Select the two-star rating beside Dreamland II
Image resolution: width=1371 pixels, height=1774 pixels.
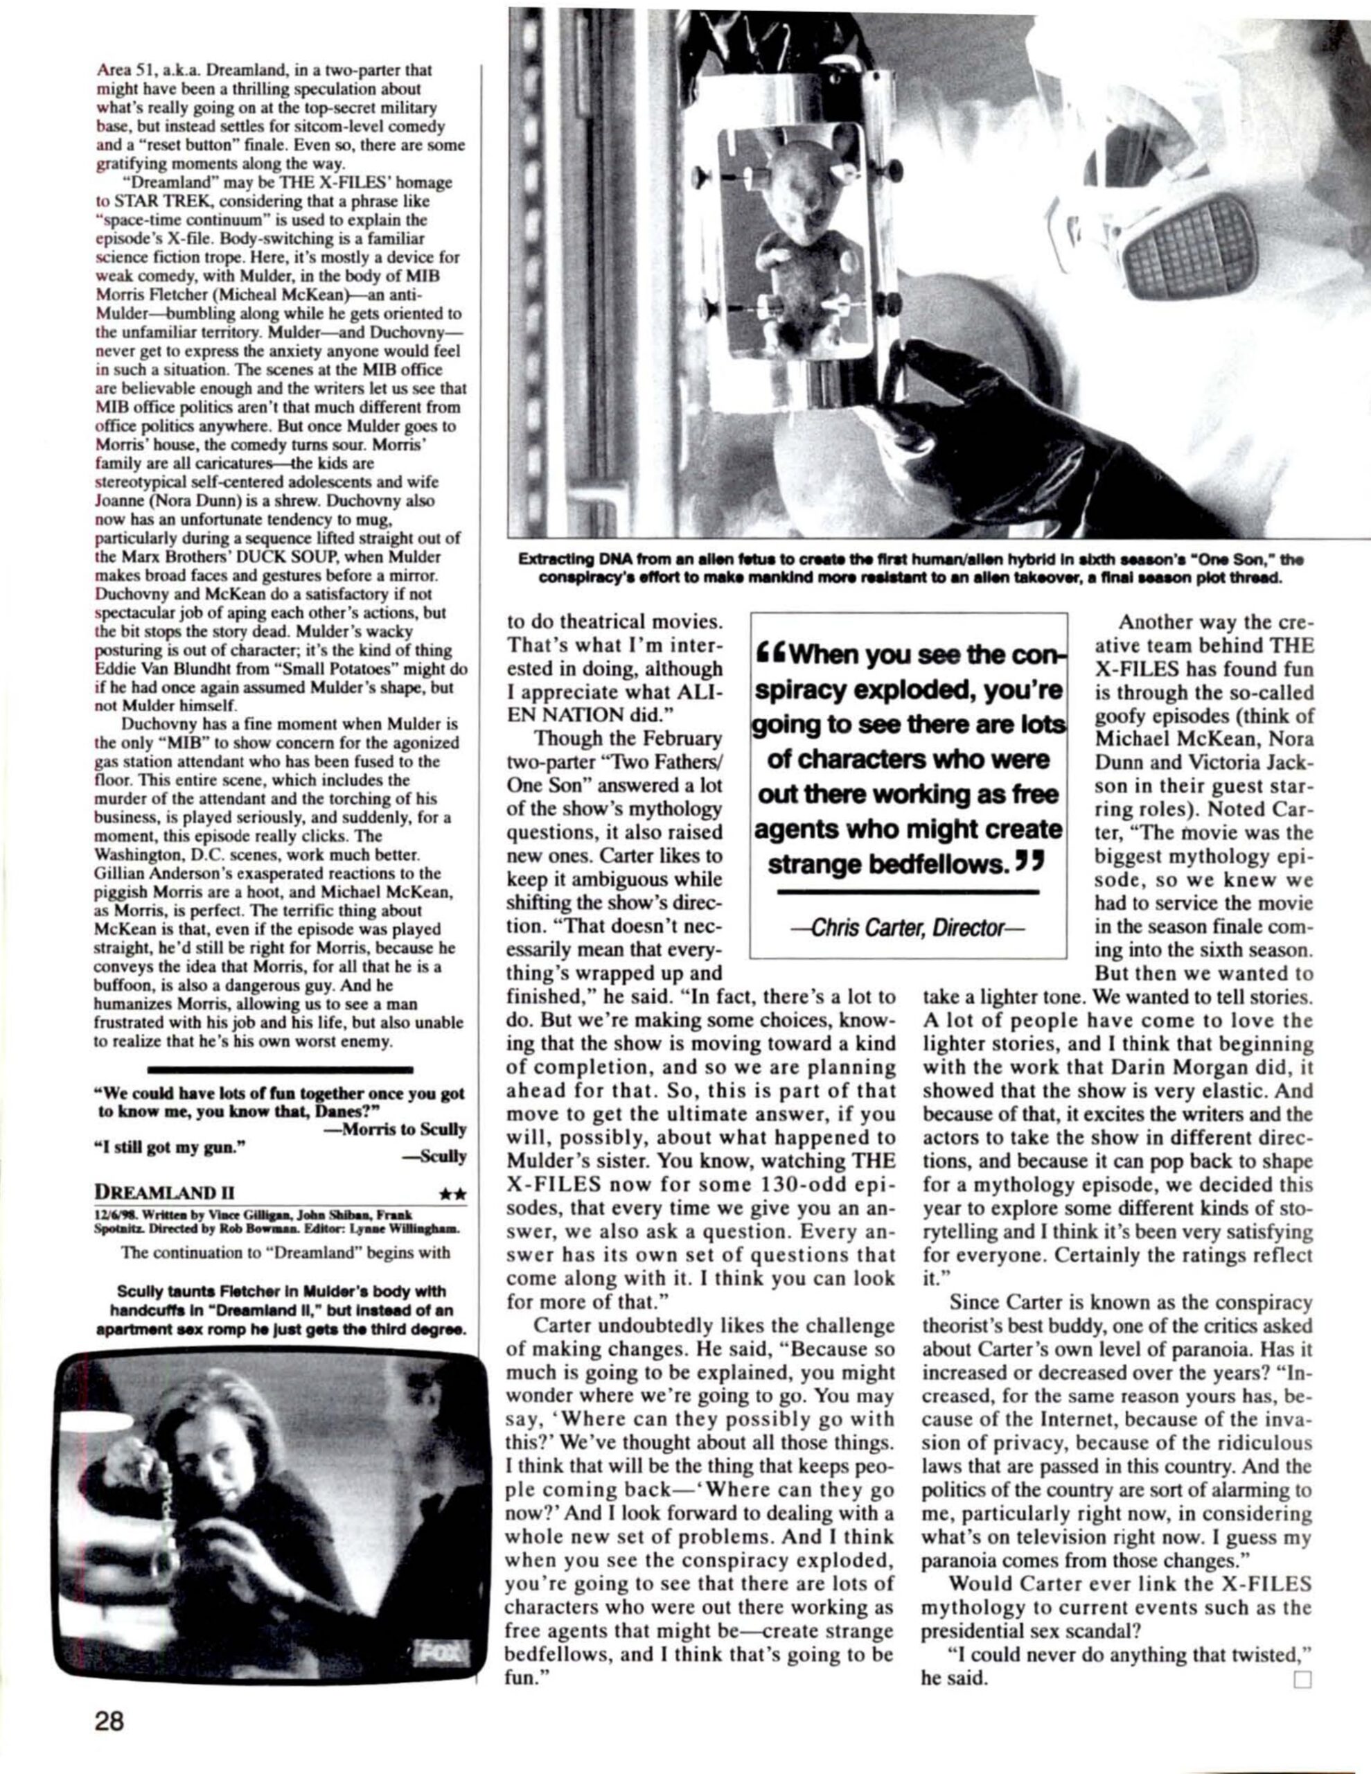pos(451,1193)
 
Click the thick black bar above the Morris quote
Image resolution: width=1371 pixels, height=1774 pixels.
pos(281,1071)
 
